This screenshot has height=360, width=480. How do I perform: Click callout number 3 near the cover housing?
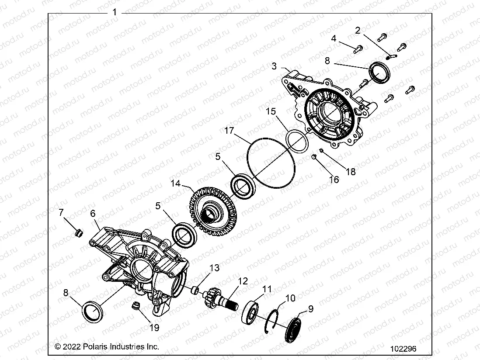pos(274,66)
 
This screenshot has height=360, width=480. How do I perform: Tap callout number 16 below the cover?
pos(334,180)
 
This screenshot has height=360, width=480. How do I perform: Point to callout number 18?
pos(351,172)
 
